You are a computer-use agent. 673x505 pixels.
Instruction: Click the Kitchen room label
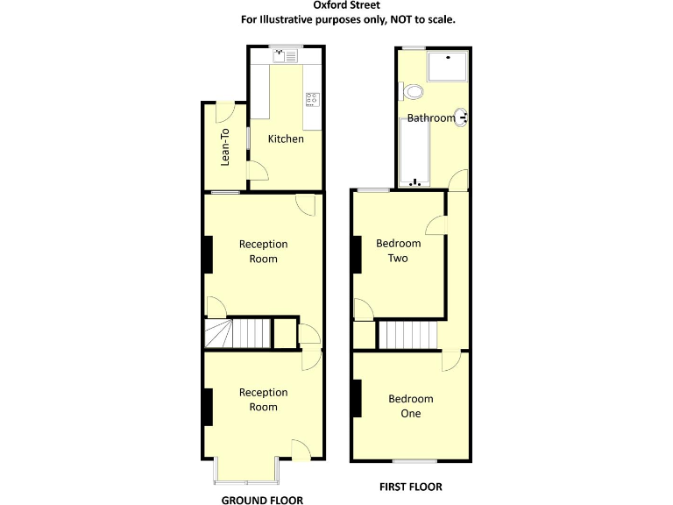(286, 139)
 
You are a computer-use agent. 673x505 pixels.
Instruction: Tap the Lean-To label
(225, 146)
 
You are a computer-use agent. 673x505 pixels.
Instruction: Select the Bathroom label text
(430, 118)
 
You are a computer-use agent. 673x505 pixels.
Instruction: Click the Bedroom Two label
(399, 251)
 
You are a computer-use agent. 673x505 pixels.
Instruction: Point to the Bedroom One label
(410, 406)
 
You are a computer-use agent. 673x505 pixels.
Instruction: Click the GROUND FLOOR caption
(262, 501)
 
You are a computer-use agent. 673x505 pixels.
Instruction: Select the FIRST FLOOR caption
(410, 487)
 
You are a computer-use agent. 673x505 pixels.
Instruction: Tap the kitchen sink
(287, 55)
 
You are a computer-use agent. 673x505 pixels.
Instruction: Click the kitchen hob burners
(312, 99)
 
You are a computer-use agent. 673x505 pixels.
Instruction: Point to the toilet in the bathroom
(411, 91)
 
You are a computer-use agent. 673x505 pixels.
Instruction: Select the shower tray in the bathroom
(447, 66)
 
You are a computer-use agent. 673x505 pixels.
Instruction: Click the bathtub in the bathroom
(415, 151)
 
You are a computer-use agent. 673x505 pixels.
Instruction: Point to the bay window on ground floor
(247, 472)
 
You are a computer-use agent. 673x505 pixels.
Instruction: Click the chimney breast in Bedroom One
(357, 398)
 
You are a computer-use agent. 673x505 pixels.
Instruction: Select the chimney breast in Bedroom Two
(357, 254)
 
